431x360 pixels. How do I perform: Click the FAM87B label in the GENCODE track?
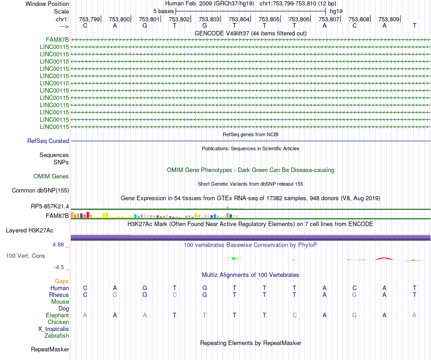click(x=57, y=39)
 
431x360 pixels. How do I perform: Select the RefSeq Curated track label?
click(x=48, y=141)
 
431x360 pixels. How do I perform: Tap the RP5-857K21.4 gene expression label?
click(x=50, y=207)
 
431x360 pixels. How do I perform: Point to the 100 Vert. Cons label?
click(x=25, y=256)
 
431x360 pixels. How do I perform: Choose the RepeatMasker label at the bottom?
click(x=50, y=350)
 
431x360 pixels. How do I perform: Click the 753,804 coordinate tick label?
click(x=239, y=20)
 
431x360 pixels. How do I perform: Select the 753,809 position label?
click(x=389, y=20)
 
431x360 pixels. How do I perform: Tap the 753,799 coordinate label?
click(x=89, y=20)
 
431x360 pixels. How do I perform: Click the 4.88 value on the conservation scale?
click(x=60, y=245)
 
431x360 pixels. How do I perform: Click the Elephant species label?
click(x=57, y=316)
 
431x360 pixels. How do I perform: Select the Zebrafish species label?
click(x=57, y=336)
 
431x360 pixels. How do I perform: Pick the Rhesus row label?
click(x=59, y=295)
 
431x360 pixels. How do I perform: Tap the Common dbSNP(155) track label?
click(x=40, y=191)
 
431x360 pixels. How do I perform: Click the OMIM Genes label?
click(x=51, y=177)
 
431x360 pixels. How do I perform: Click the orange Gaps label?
click(x=62, y=281)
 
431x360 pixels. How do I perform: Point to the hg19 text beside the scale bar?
click(x=336, y=11)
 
